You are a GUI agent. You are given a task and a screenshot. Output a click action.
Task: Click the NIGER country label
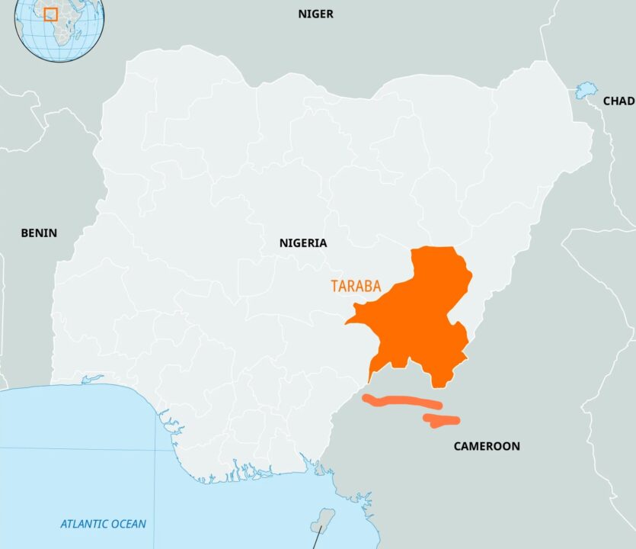315,14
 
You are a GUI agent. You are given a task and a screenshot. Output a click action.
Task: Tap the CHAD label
618,101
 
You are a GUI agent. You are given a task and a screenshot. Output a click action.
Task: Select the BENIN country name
38,233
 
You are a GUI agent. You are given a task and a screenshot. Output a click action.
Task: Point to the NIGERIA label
302,243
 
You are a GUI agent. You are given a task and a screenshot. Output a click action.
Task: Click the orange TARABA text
356,286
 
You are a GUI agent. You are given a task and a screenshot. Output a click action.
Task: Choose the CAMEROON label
487,446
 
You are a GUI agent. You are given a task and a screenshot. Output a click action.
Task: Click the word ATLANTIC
85,524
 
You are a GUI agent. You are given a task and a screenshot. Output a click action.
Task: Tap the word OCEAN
129,524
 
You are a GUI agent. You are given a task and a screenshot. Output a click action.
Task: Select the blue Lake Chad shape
585,91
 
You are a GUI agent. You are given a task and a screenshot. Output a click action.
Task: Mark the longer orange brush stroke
401,402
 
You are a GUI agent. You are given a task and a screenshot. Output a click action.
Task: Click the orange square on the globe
50,14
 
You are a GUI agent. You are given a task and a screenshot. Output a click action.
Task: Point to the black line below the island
315,538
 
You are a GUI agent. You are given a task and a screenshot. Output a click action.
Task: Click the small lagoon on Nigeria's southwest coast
91,379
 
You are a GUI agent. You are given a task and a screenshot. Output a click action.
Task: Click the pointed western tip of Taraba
347,323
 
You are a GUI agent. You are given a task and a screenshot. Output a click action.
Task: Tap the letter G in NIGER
315,14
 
